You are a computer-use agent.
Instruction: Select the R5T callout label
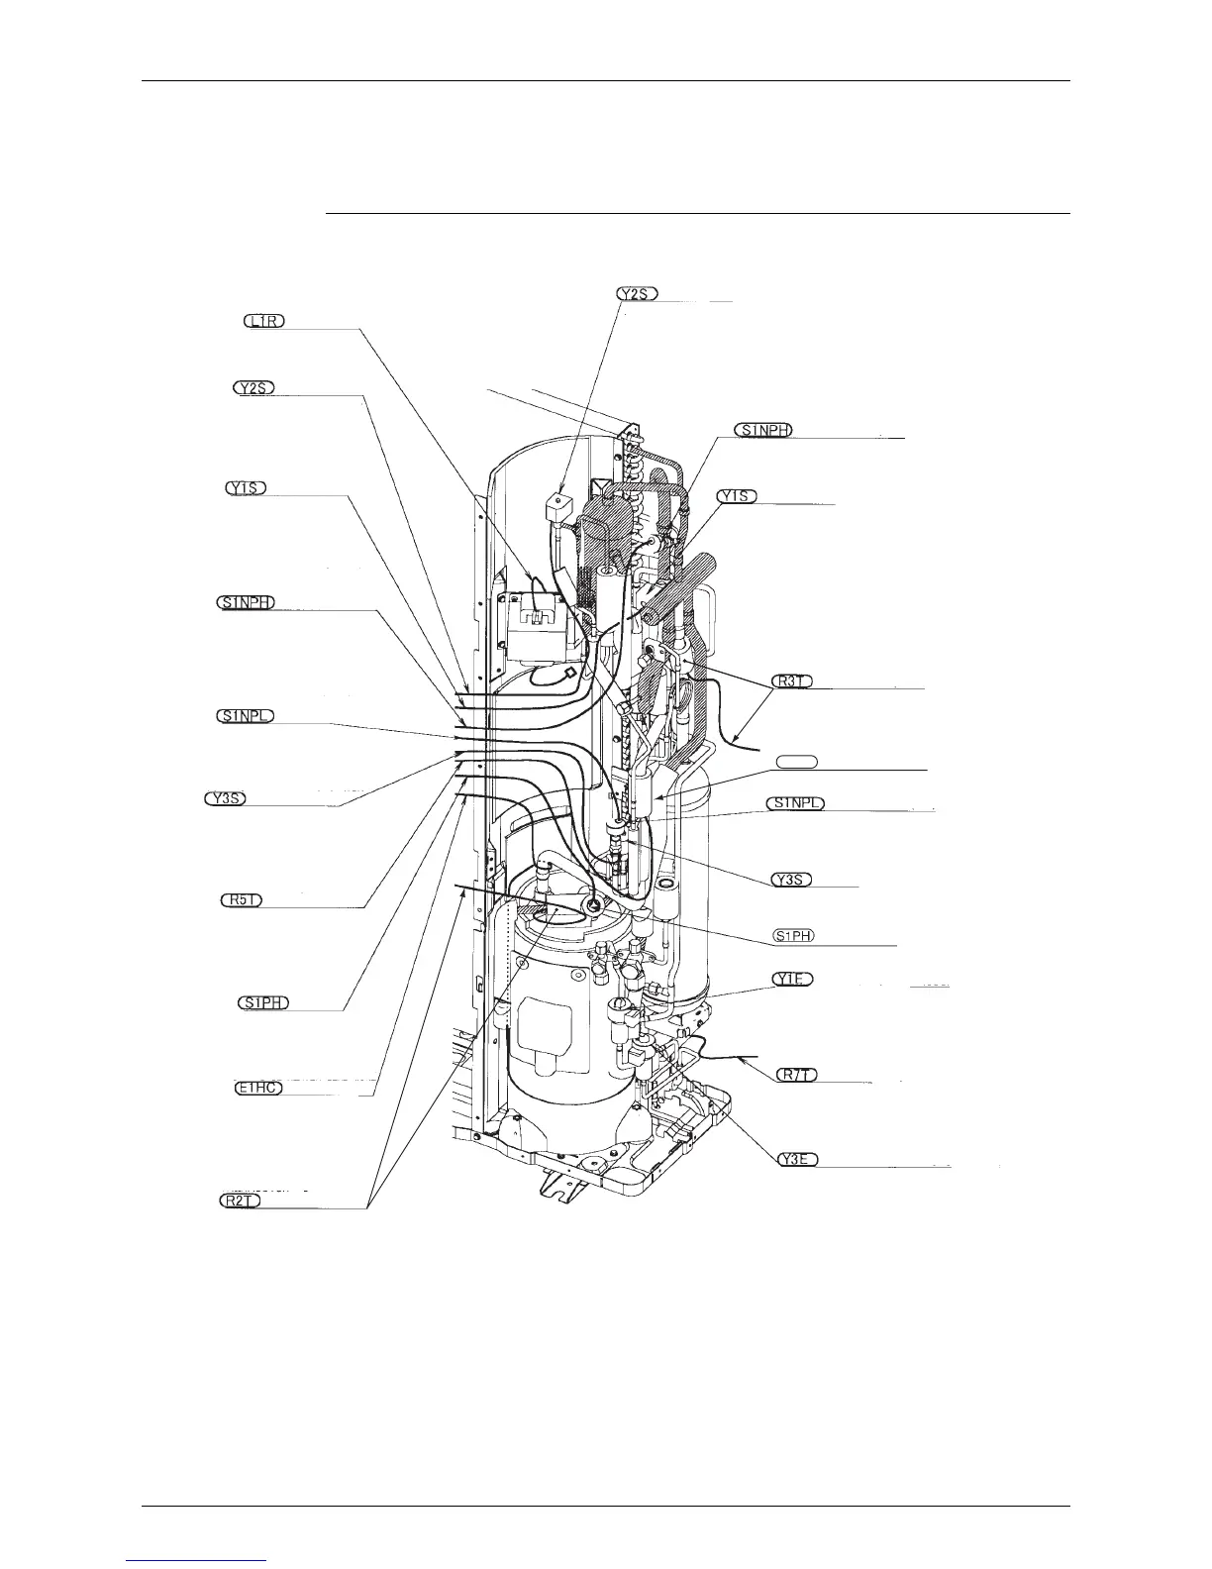(x=241, y=900)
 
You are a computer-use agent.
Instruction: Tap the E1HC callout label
(x=260, y=1089)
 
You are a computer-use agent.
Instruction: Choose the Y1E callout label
(x=793, y=979)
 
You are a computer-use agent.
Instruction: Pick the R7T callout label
(x=793, y=1076)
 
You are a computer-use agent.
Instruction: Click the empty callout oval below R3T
(x=796, y=761)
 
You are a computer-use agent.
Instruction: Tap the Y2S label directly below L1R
(x=254, y=388)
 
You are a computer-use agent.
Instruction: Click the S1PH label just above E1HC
(x=263, y=1002)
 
